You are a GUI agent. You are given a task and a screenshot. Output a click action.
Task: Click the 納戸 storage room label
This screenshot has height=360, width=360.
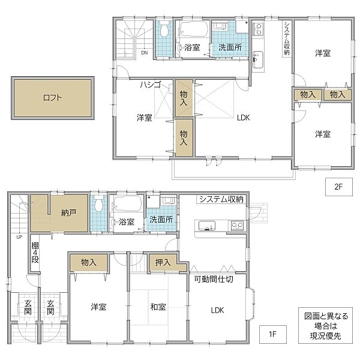pyautogui.click(x=68, y=212)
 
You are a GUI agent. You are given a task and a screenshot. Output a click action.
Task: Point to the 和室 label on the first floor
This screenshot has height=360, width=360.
pyautogui.click(x=158, y=307)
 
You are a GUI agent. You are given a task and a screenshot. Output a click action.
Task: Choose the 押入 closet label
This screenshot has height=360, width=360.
pyautogui.click(x=163, y=262)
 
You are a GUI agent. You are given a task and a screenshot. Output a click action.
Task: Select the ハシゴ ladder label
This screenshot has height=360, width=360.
pyautogui.click(x=151, y=85)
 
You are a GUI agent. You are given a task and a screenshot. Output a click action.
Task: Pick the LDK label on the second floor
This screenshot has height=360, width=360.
pyautogui.click(x=242, y=118)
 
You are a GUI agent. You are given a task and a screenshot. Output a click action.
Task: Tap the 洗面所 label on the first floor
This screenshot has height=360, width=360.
pyautogui.click(x=161, y=220)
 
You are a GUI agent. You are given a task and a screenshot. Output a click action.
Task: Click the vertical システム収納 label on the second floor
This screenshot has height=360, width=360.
pyautogui.click(x=287, y=39)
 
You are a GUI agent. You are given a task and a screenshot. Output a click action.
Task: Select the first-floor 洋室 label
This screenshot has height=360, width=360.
pyautogui.click(x=98, y=307)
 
